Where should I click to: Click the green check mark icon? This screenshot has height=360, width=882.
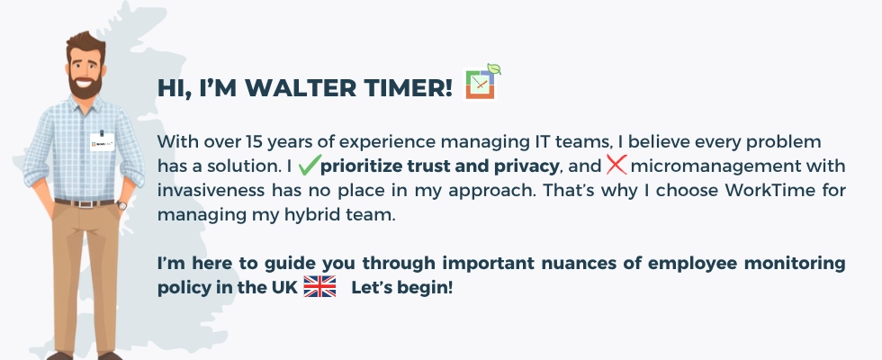click(x=310, y=165)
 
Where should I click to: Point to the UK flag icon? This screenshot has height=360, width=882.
click(x=319, y=286)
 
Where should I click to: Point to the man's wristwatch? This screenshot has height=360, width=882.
click(x=121, y=204)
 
